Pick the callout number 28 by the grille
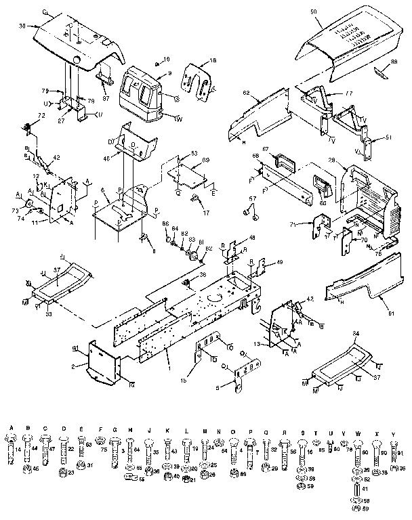332,160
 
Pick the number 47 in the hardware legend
52,449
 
